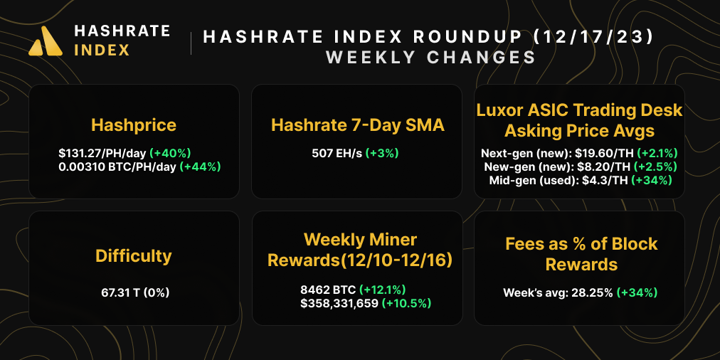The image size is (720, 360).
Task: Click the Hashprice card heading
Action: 134,126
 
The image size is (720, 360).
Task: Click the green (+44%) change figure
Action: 201,166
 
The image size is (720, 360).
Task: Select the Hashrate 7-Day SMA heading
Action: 357,126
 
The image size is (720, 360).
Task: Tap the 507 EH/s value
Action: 337,152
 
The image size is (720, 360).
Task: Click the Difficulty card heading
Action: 134,255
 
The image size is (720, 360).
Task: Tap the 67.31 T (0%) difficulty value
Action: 134,292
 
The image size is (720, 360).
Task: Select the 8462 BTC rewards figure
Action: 328,290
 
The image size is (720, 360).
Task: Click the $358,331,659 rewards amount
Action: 339,304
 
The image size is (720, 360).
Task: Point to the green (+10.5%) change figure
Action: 406,304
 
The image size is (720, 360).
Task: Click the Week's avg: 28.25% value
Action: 558,292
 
